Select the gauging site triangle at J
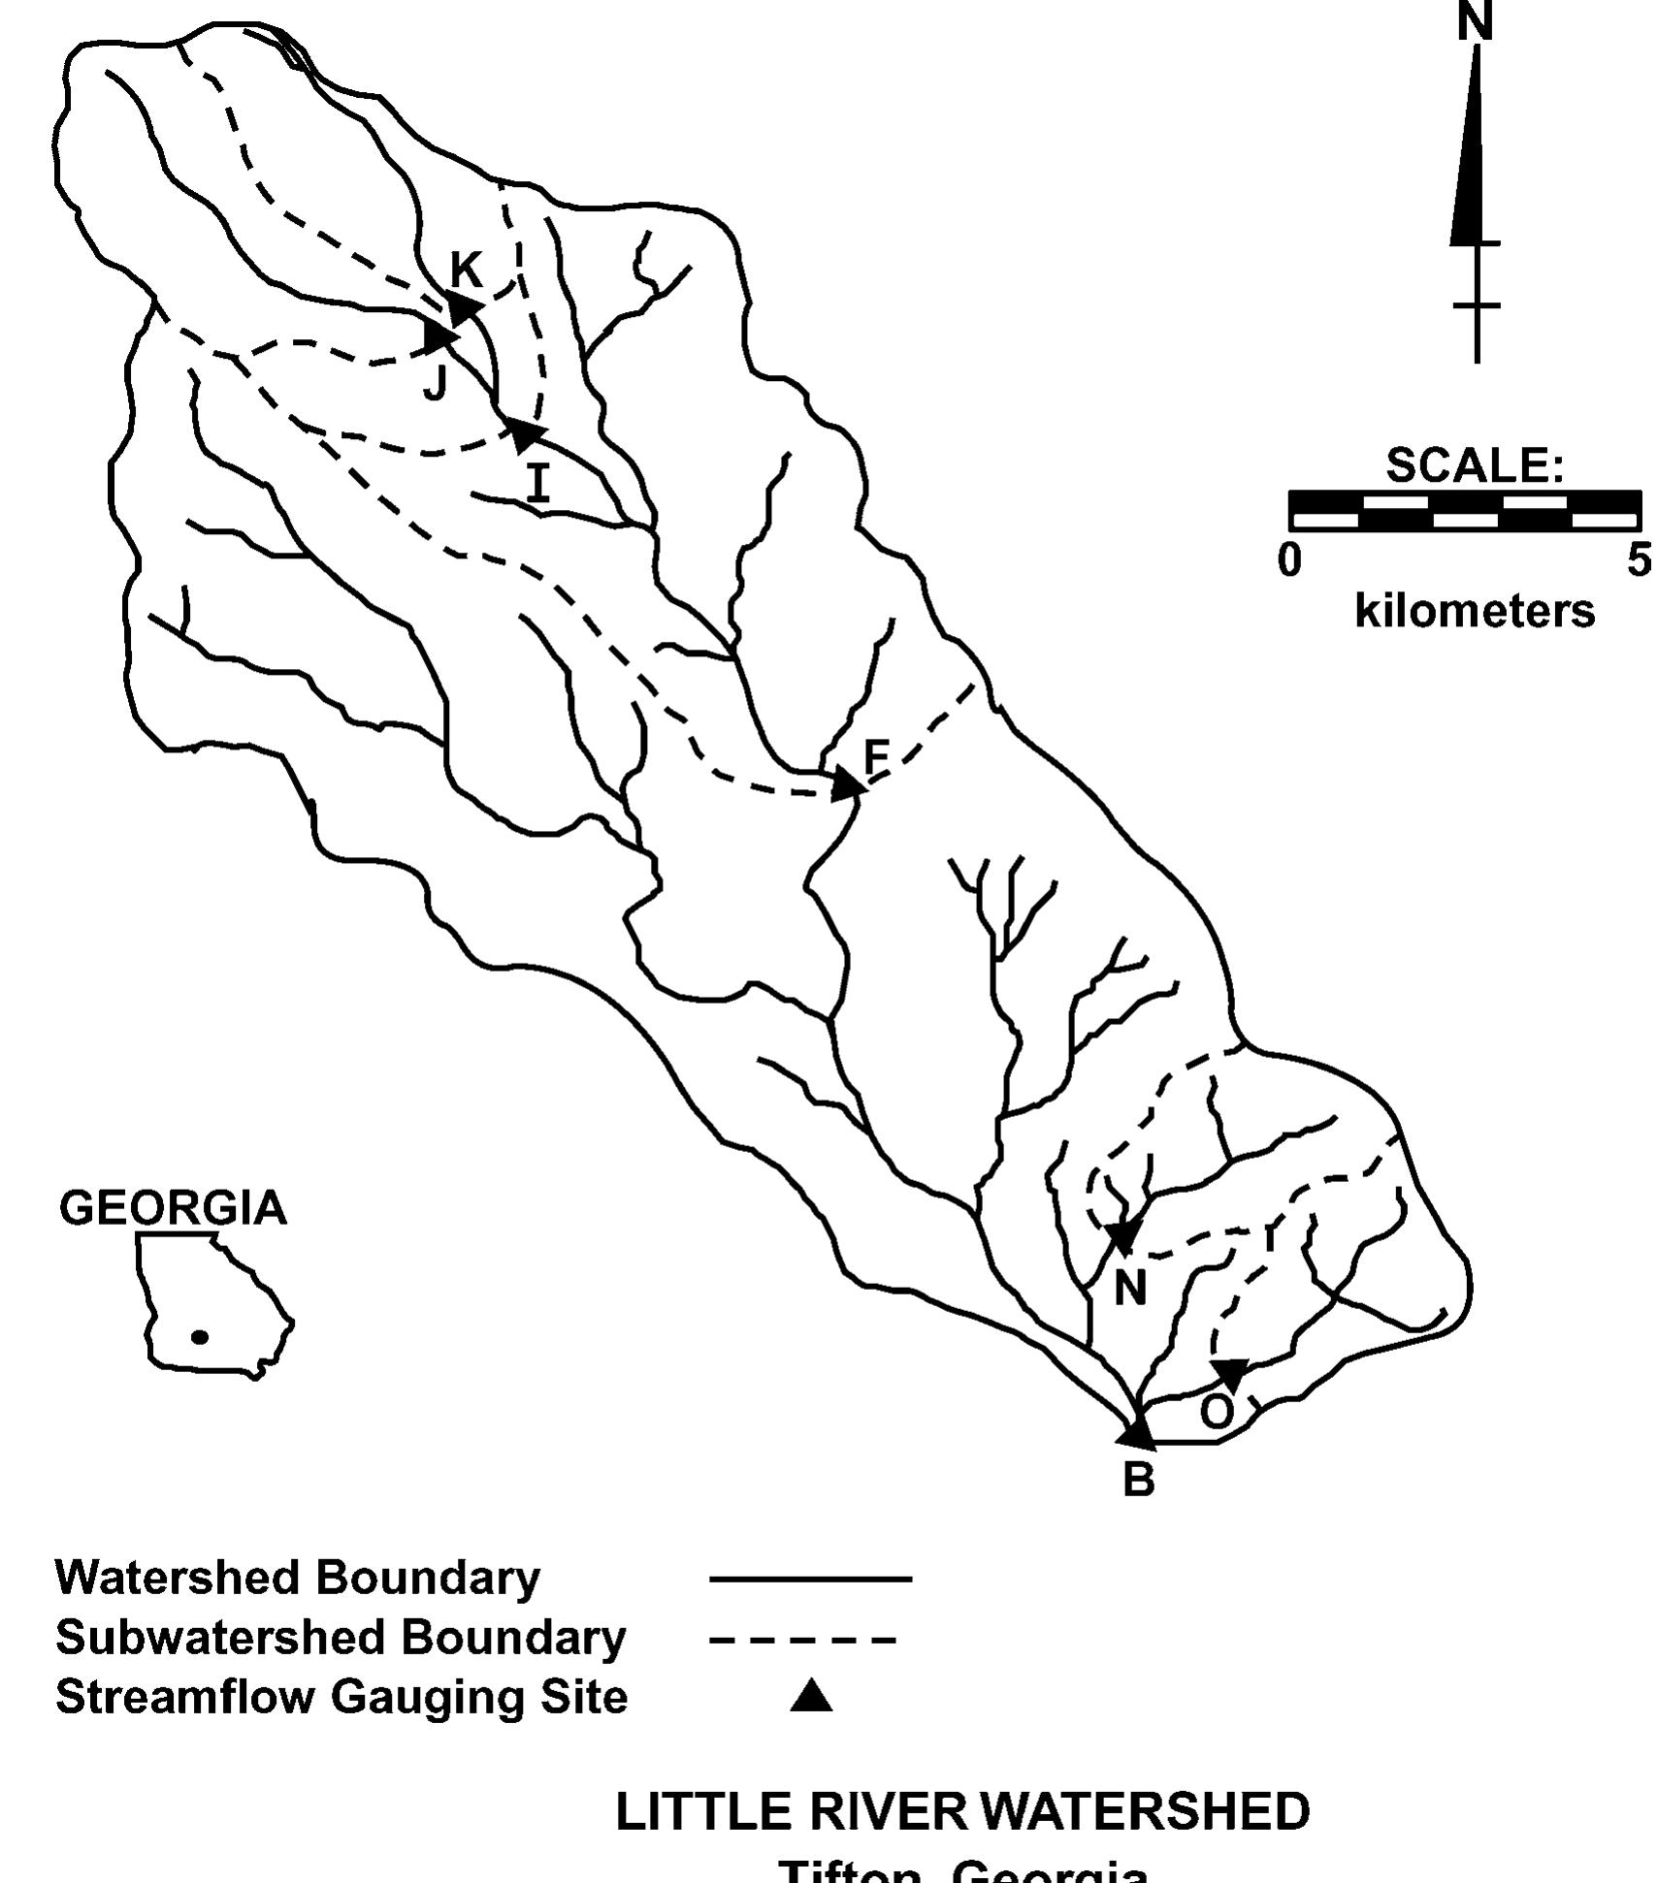pos(439,335)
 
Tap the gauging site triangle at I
pos(526,433)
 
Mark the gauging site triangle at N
pos(1122,1236)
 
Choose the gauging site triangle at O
pos(1230,1373)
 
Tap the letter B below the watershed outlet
pos(1139,1480)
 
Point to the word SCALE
pos(1473,465)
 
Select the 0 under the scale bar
pos(1289,560)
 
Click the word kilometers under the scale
pos(1475,612)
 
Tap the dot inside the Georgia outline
pos(200,1337)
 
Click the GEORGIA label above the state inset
pos(173,1208)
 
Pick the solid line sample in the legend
pos(810,1580)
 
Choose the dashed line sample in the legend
pos(802,1641)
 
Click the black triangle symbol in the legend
pos(811,1697)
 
